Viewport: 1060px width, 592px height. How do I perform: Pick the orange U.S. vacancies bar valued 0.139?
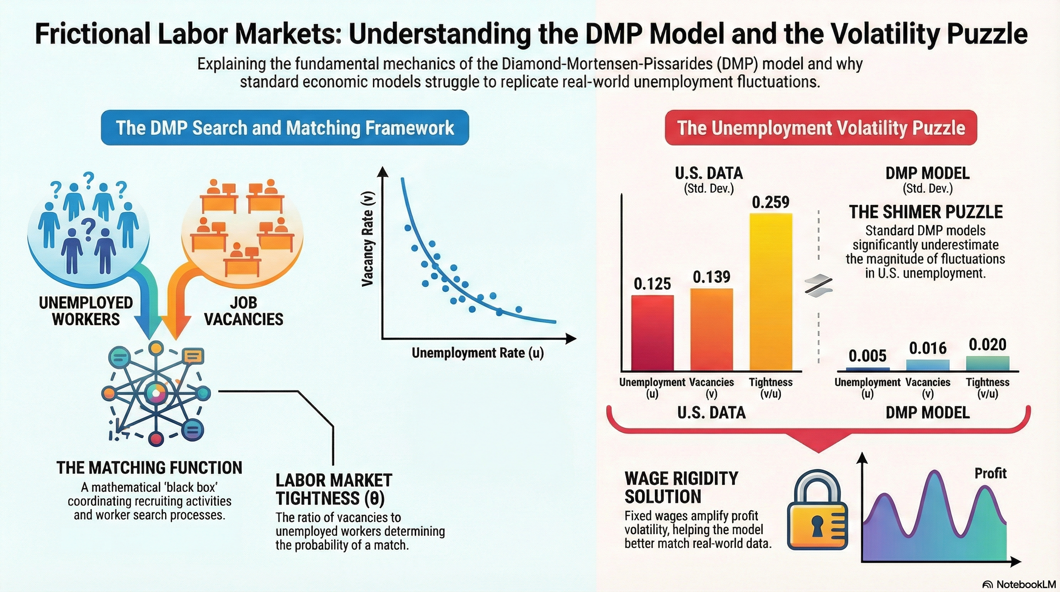pos(711,330)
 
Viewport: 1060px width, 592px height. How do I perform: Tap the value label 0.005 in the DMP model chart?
pos(867,356)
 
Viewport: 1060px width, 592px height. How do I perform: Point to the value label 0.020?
pos(988,345)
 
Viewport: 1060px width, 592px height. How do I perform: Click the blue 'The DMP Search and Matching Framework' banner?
pos(285,128)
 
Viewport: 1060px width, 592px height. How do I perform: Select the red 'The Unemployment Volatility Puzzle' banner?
pos(821,128)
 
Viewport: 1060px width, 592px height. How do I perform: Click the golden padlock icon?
pos(817,513)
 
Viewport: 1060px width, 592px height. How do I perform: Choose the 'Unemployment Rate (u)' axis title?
pos(478,353)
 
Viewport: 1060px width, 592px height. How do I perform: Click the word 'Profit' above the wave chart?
pos(990,473)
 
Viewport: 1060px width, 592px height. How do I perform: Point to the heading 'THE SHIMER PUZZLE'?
pos(926,212)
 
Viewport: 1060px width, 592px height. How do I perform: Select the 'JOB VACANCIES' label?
pos(243,311)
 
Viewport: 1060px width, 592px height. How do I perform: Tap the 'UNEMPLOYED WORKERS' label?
pos(86,311)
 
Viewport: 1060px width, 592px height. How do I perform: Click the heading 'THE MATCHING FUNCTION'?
pos(149,468)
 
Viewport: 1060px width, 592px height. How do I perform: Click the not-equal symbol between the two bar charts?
pos(818,285)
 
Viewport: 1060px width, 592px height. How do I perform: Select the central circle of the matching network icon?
pos(156,393)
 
